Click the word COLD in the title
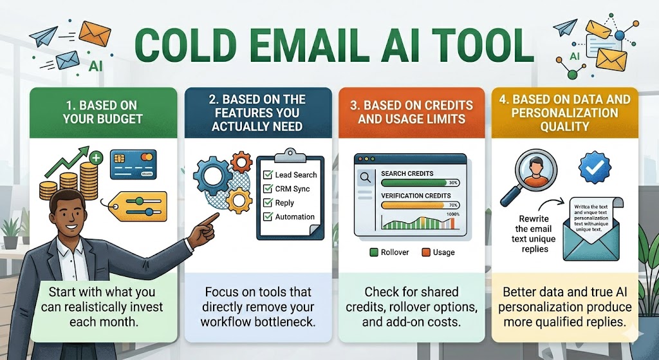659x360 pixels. [x=187, y=44]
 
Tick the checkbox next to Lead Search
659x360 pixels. [x=267, y=175]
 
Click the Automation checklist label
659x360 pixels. [x=295, y=217]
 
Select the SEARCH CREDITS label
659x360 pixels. [x=407, y=173]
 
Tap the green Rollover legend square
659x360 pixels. [x=373, y=252]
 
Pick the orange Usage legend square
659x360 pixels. [x=426, y=252]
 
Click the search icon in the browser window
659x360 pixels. [x=364, y=178]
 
